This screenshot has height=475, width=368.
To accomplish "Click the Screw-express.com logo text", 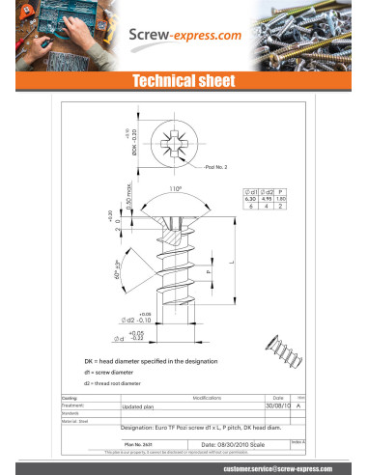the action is click(185, 36).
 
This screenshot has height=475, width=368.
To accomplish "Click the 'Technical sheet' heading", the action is click(183, 80).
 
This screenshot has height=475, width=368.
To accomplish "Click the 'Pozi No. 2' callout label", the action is click(218, 168).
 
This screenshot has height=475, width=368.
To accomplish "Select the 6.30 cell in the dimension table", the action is click(251, 199).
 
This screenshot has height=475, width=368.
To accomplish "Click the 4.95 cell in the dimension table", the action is click(268, 199).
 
